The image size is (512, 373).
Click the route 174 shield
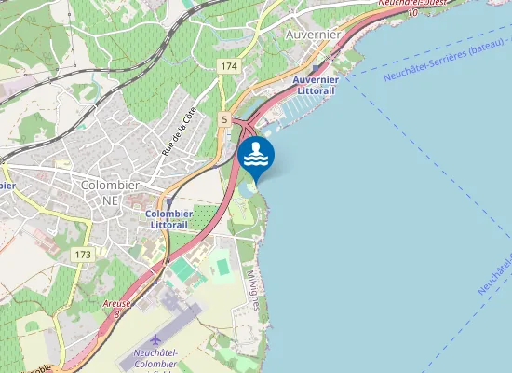click(230, 66)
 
